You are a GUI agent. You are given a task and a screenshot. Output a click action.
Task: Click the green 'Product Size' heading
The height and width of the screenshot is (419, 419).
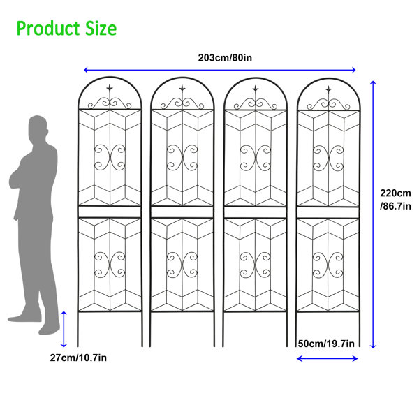(x=66, y=29)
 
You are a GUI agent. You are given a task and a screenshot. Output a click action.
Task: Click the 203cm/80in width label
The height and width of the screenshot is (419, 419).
(x=225, y=58)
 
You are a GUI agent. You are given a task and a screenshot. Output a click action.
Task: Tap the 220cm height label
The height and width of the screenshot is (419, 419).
(x=395, y=193)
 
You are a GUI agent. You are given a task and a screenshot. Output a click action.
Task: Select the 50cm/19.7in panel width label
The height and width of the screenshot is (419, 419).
(x=326, y=344)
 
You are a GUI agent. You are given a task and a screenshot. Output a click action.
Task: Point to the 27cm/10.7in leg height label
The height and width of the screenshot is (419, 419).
(x=78, y=358)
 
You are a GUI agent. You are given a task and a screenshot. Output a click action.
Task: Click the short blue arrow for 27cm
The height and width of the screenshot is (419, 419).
(x=64, y=329)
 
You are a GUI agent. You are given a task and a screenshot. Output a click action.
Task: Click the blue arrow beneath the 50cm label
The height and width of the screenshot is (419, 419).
(x=327, y=359)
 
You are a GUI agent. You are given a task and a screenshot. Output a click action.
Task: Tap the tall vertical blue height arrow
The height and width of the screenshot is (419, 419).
(x=373, y=214)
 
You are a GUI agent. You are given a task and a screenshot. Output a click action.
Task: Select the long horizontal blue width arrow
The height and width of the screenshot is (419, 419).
(x=220, y=70)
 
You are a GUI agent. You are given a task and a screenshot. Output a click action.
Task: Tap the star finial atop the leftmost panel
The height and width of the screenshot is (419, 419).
(x=110, y=88)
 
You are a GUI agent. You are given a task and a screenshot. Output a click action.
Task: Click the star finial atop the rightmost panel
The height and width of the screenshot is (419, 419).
(x=328, y=89)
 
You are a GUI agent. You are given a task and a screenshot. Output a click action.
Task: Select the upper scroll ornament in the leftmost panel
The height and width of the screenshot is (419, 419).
(x=110, y=158)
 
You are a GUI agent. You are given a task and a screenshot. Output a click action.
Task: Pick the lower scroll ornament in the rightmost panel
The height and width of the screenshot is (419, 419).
(x=328, y=265)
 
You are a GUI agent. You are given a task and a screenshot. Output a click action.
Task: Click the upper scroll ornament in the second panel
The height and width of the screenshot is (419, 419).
(x=182, y=158)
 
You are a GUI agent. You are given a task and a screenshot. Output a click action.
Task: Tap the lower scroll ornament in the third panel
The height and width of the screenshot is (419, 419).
(x=255, y=265)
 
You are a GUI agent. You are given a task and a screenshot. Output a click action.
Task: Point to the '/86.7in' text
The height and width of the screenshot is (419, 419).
(x=395, y=206)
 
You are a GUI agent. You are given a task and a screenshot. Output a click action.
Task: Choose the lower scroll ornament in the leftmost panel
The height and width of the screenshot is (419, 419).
(x=110, y=265)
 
